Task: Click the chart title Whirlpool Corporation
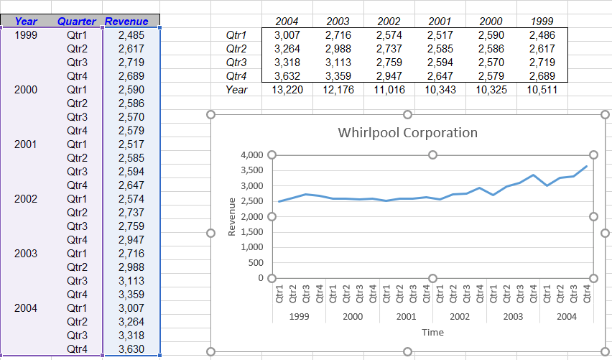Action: click(407, 133)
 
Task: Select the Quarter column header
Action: click(77, 22)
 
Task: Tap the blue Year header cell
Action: click(26, 22)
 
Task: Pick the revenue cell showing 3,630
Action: click(131, 349)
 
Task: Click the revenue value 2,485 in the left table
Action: click(131, 34)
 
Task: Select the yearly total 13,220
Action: click(290, 90)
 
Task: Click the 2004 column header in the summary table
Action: click(290, 22)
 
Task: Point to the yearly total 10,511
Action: click(542, 90)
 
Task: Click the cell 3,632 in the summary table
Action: click(290, 76)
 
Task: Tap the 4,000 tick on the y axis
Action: click(251, 155)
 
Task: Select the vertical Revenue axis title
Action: click(232, 216)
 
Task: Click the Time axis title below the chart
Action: click(432, 332)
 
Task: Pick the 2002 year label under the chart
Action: click(459, 316)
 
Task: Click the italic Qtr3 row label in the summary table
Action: click(236, 63)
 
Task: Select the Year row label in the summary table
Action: click(236, 90)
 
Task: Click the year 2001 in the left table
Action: click(26, 144)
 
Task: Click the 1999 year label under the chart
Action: click(299, 316)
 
